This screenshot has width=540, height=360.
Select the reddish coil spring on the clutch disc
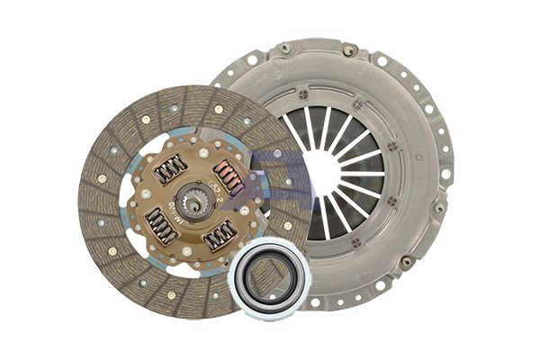(x=229, y=177)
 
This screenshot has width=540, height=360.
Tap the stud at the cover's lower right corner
(x=407, y=262)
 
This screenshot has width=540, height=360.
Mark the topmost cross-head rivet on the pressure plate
(x=302, y=94)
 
